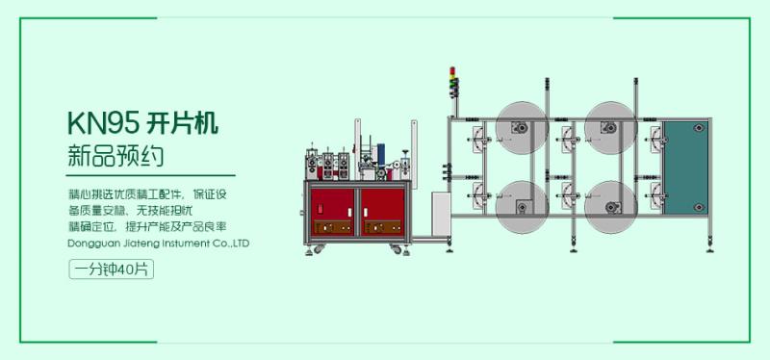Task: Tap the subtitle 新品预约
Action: (115, 156)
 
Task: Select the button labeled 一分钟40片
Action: (111, 270)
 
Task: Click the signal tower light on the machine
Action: (453, 82)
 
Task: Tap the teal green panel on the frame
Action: (685, 167)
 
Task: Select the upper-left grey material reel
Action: (522, 128)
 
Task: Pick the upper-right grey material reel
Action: (610, 128)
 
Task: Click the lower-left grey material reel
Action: (522, 207)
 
